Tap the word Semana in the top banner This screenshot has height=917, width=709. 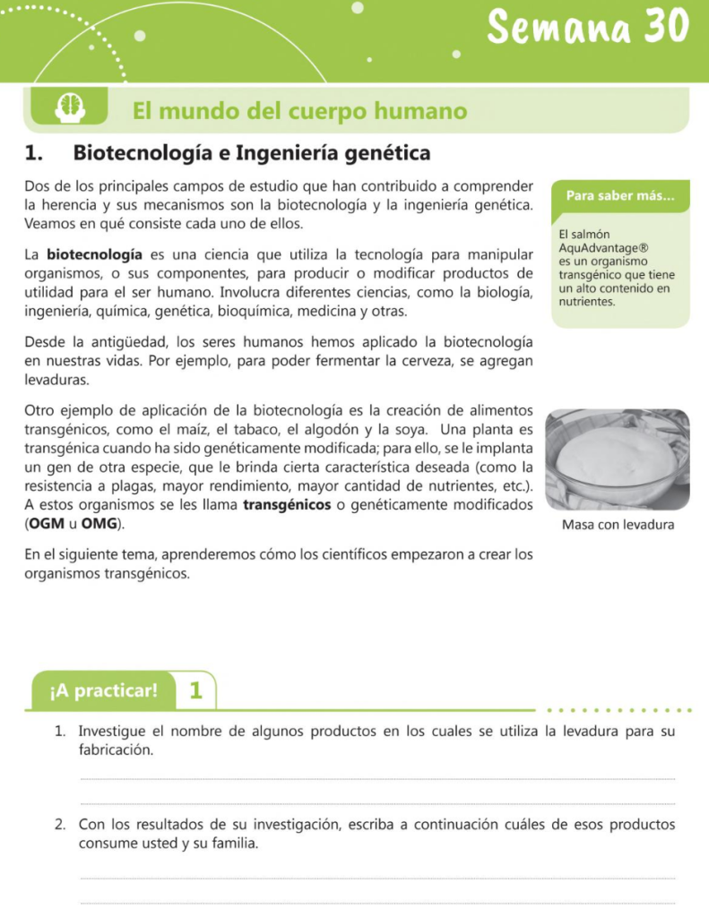click(x=561, y=28)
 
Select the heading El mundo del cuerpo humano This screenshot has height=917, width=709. click(x=300, y=111)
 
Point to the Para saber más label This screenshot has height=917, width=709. click(x=619, y=196)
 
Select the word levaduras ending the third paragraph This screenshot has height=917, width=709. click(x=57, y=380)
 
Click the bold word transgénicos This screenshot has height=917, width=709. click(x=287, y=505)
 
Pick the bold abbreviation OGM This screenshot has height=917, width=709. click(x=47, y=523)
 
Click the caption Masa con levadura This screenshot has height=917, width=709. click(x=618, y=525)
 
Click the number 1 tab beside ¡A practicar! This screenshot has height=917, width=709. click(x=196, y=690)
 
